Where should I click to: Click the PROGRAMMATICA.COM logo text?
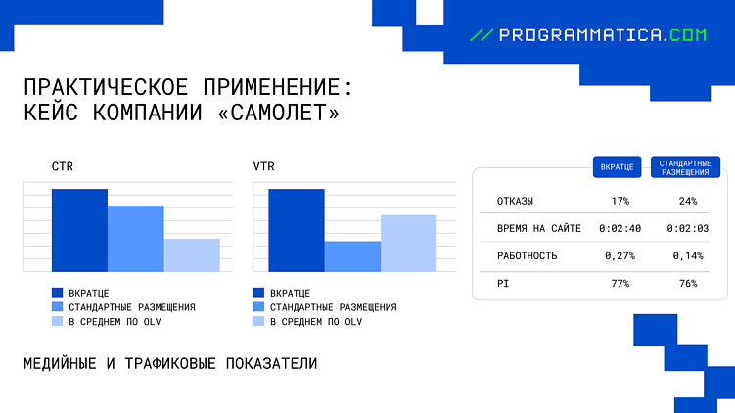(x=601, y=34)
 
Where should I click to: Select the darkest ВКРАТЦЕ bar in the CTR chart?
(x=79, y=230)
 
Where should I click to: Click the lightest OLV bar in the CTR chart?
(x=192, y=254)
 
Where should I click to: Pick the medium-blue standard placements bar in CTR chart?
(x=135, y=238)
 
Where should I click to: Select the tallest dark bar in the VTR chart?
(x=296, y=230)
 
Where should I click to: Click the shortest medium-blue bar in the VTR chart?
(x=352, y=256)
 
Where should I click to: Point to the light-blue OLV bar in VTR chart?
(x=408, y=243)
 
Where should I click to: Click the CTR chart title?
(x=63, y=167)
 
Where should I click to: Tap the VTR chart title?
(x=263, y=167)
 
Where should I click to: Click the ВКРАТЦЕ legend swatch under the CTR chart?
(x=58, y=293)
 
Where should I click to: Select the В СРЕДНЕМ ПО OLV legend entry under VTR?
(x=315, y=321)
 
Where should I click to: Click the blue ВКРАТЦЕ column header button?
(x=617, y=167)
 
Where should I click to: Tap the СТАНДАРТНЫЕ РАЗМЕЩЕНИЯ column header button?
(x=686, y=166)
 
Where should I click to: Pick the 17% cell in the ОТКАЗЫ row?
(x=620, y=201)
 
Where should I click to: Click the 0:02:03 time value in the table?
(x=687, y=228)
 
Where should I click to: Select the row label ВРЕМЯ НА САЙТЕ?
(x=539, y=228)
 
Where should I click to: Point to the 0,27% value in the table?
(x=620, y=255)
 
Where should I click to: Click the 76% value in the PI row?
(x=687, y=283)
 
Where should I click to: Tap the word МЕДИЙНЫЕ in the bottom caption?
(x=58, y=363)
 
